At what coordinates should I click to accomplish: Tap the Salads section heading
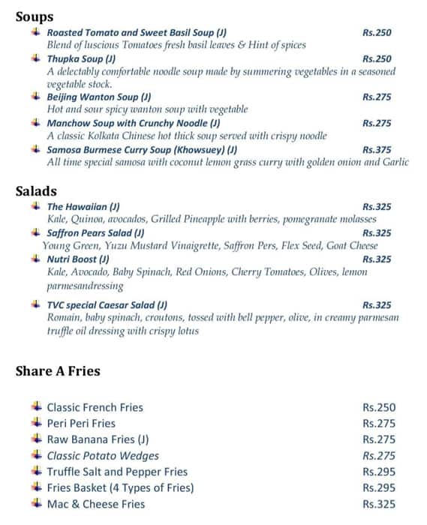pyautogui.click(x=36, y=190)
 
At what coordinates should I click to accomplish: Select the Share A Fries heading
pyautogui.click(x=58, y=370)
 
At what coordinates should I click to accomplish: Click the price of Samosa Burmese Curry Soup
pyautogui.click(x=377, y=149)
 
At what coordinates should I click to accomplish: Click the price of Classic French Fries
pyautogui.click(x=378, y=407)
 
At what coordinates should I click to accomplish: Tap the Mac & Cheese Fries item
pyautogui.click(x=95, y=504)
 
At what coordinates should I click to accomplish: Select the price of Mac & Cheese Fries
pyautogui.click(x=378, y=504)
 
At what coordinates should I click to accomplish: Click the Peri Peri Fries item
pyautogui.click(x=81, y=424)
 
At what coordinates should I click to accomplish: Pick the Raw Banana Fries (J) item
pyautogui.click(x=98, y=439)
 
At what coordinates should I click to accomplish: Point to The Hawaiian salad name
pyautogui.click(x=83, y=206)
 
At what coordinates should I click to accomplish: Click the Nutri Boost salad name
pyautogui.click(x=78, y=259)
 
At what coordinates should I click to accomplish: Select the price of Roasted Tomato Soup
pyautogui.click(x=377, y=33)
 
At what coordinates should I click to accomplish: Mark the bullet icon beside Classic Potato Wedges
pyautogui.click(x=35, y=455)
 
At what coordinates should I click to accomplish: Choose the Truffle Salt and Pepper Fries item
pyautogui.click(x=117, y=472)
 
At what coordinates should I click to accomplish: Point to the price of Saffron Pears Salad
pyautogui.click(x=377, y=233)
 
